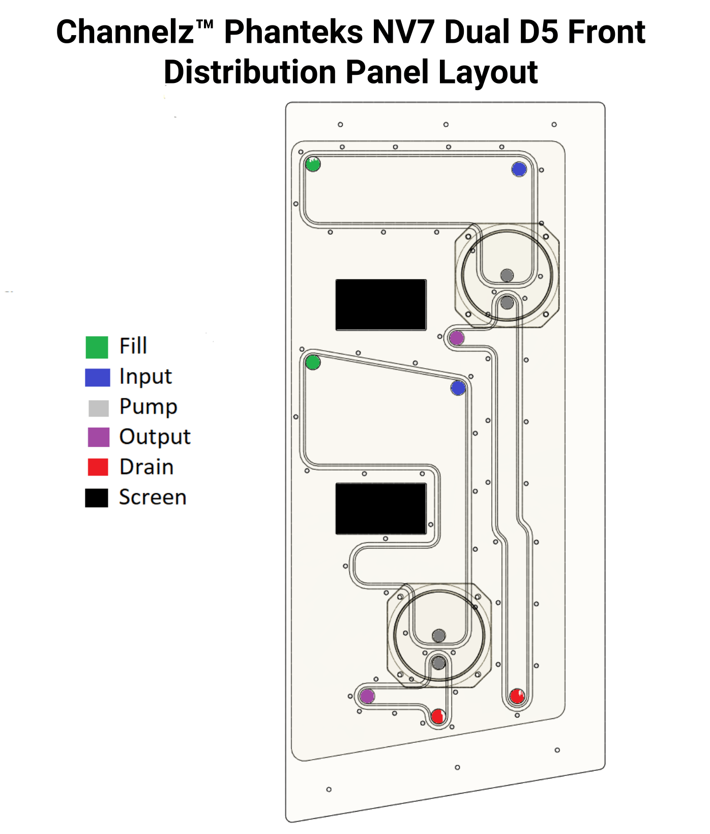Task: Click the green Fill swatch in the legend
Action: tap(97, 347)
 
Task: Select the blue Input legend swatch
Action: tap(97, 378)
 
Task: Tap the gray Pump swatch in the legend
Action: tap(98, 408)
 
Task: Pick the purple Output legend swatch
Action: tap(98, 437)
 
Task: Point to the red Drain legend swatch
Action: tap(98, 467)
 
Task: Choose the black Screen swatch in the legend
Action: tap(97, 497)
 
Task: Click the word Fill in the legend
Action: tap(133, 346)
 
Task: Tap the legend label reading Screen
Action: tap(153, 497)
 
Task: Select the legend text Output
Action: tap(155, 437)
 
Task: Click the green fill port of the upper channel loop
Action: tap(313, 164)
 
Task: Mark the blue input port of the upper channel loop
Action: tap(519, 169)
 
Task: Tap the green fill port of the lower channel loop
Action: tap(313, 363)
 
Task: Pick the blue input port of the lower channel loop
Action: tap(458, 388)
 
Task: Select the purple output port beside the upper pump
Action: tap(457, 338)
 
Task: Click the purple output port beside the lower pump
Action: tap(367, 696)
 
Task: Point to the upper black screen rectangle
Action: tap(381, 304)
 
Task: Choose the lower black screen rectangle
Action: tap(381, 509)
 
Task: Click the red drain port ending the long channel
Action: tap(517, 696)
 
